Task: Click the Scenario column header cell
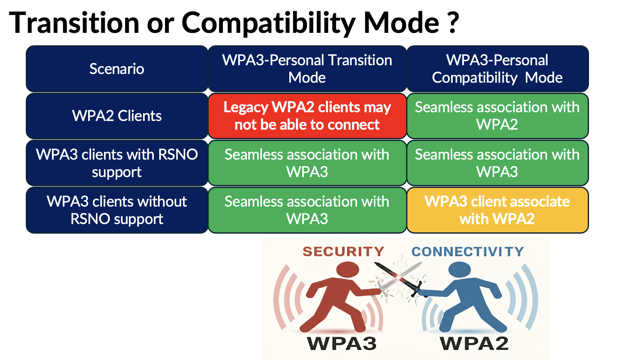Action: (x=117, y=69)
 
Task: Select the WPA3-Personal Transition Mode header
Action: (x=307, y=69)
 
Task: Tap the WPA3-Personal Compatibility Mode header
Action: (x=497, y=69)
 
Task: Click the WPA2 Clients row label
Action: (x=117, y=116)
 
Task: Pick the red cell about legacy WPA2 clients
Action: (x=307, y=116)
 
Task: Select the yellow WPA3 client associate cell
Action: (x=497, y=210)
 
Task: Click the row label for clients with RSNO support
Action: (x=117, y=163)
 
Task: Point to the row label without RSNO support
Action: (x=117, y=210)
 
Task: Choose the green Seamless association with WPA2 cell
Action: (x=497, y=116)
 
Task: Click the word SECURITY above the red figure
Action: (x=343, y=252)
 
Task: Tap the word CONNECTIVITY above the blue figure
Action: (x=468, y=252)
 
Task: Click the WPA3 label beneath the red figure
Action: (x=342, y=344)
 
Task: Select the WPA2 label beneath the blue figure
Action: (x=474, y=344)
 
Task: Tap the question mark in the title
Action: (x=454, y=22)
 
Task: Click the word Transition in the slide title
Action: (x=74, y=22)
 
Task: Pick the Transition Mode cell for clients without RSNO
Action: (x=307, y=210)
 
